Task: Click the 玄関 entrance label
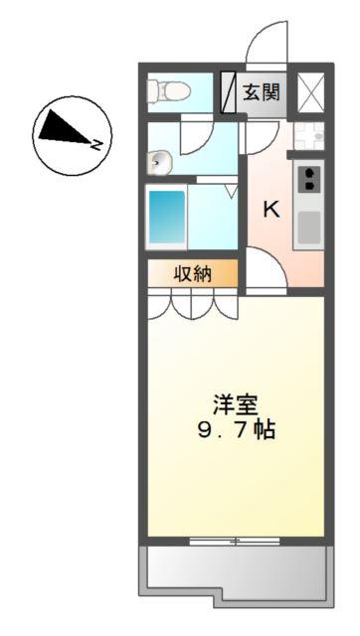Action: [x=262, y=92]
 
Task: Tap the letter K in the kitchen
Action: [x=271, y=210]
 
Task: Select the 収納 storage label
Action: [x=193, y=274]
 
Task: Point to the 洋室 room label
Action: [x=236, y=405]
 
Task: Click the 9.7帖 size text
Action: [x=237, y=429]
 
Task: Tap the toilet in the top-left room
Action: [x=169, y=90]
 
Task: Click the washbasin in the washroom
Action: [x=160, y=163]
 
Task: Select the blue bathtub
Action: [x=167, y=217]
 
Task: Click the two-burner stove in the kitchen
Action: [x=308, y=180]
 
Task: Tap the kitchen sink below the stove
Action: [x=309, y=228]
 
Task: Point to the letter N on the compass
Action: [x=95, y=143]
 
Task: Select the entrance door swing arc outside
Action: [x=268, y=42]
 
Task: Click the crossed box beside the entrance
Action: [x=311, y=92]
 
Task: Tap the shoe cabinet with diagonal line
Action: [x=228, y=92]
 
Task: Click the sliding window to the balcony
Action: [x=235, y=541]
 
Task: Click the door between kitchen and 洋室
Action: [x=267, y=270]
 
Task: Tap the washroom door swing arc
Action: [x=197, y=135]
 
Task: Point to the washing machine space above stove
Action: [x=309, y=136]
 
